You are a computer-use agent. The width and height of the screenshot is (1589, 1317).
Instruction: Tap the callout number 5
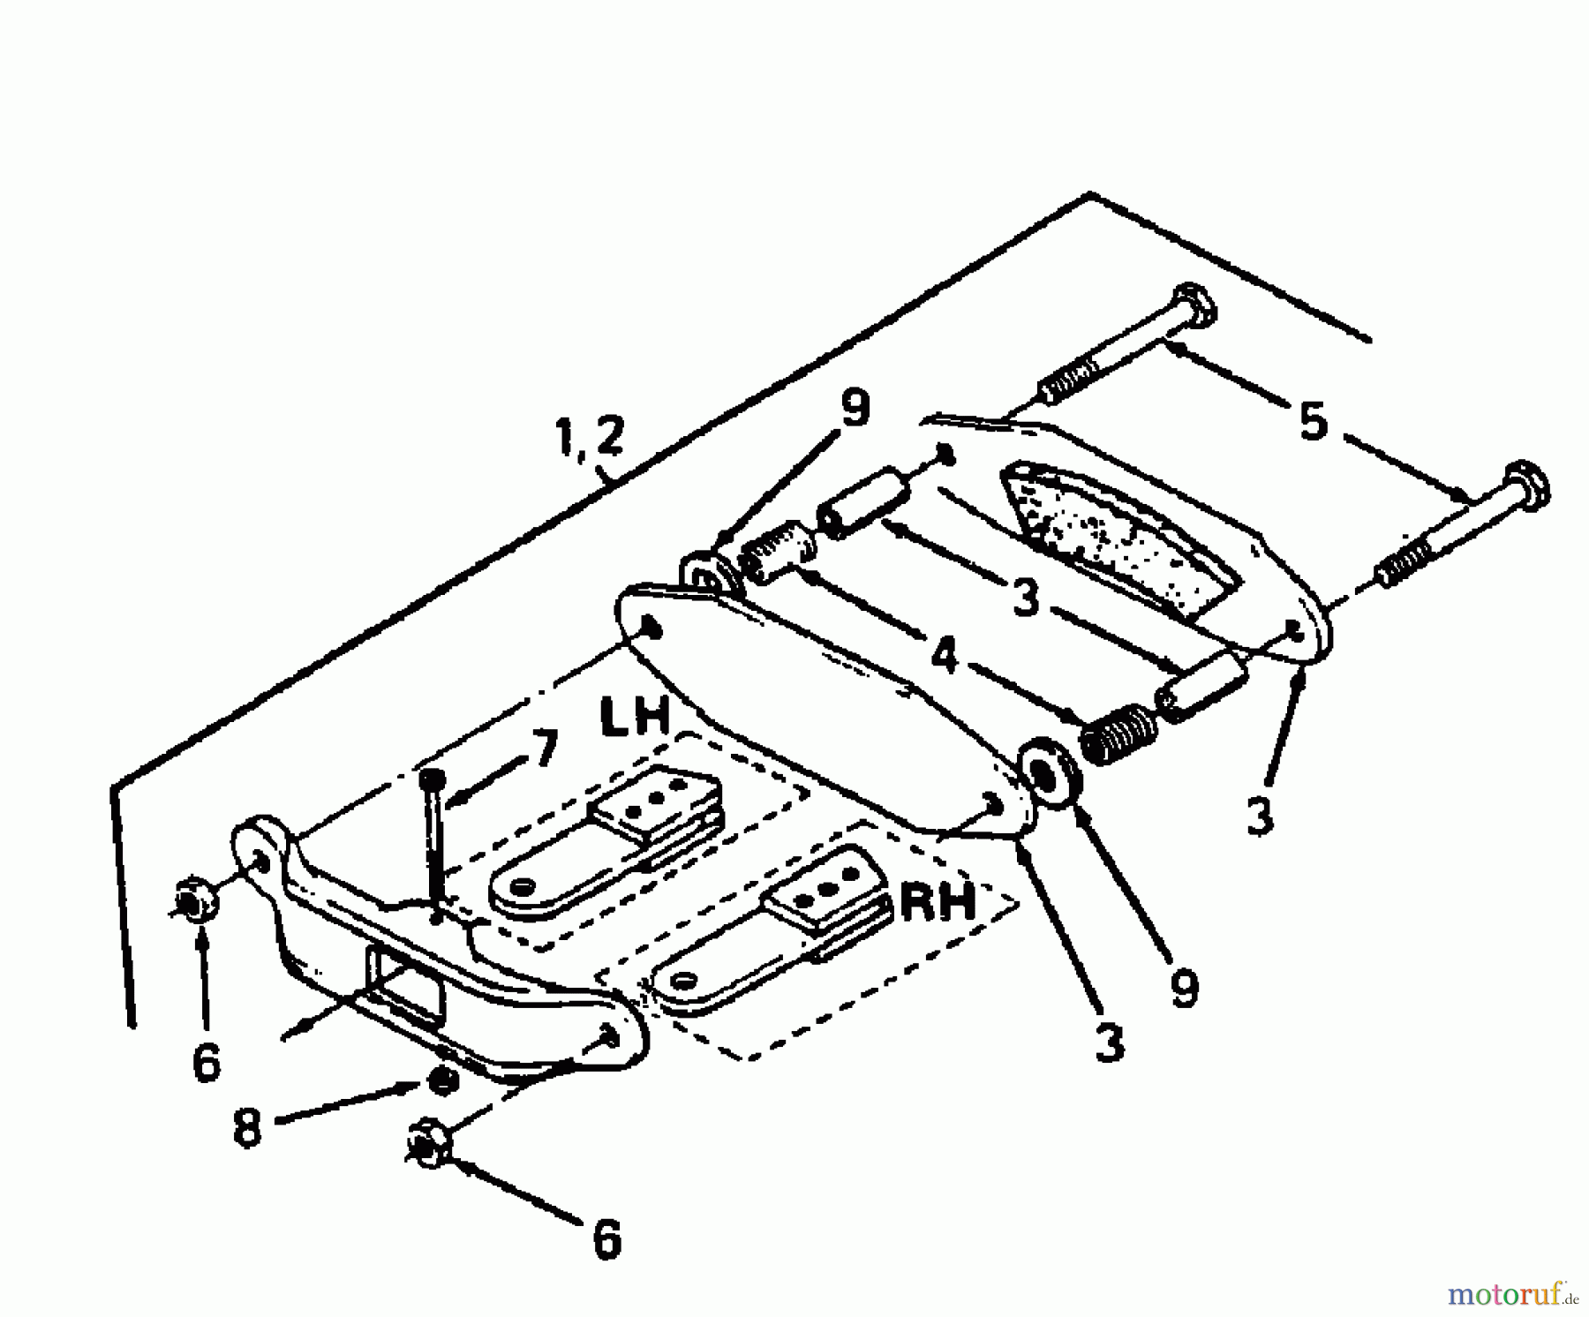tap(1313, 422)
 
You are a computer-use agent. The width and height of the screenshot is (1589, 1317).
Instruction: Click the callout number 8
tap(247, 1127)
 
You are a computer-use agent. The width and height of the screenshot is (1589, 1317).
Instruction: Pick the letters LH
tap(635, 718)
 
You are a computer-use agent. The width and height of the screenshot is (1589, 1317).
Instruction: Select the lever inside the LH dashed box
tap(609, 847)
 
